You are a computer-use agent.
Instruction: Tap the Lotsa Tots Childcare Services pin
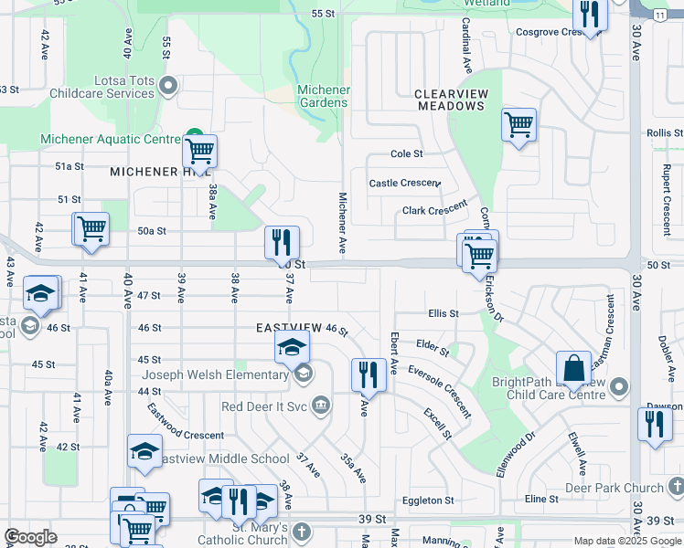pyautogui.click(x=167, y=88)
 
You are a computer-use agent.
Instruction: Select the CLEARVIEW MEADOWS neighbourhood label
pyautogui.click(x=449, y=100)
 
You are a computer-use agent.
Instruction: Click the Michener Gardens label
pyautogui.click(x=324, y=96)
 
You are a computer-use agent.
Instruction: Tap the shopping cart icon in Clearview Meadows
pyautogui.click(x=518, y=123)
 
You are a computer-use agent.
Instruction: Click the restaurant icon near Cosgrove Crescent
pyautogui.click(x=590, y=15)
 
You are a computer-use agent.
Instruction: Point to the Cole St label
pyautogui.click(x=406, y=154)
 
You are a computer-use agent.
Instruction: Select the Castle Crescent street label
pyautogui.click(x=404, y=184)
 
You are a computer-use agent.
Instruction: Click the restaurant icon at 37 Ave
pyautogui.click(x=282, y=243)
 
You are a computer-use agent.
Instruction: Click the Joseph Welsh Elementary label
pyautogui.click(x=215, y=374)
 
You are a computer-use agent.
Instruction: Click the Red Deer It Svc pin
pyautogui.click(x=320, y=405)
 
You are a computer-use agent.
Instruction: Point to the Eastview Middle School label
pyautogui.click(x=225, y=458)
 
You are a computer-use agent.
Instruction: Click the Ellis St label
pyautogui.click(x=443, y=313)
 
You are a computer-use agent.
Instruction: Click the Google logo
pyautogui.click(x=31, y=537)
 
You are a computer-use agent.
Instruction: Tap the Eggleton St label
pyautogui.click(x=428, y=500)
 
